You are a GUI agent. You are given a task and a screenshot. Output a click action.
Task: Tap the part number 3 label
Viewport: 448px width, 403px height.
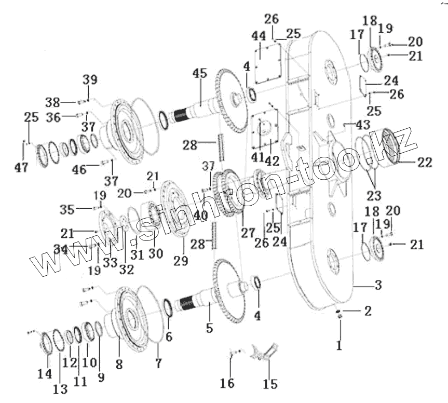(378, 285)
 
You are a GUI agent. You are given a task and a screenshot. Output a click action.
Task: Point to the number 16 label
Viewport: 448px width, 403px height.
(227, 384)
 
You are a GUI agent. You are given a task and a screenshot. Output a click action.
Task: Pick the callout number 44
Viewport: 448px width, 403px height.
(259, 36)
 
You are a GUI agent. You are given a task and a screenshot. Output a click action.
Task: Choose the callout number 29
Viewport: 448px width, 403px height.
(181, 261)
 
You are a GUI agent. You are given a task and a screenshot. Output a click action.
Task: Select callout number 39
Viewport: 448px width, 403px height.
(89, 79)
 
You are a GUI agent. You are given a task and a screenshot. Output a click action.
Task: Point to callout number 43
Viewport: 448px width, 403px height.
(362, 125)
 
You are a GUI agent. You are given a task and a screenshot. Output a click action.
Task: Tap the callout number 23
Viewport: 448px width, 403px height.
(373, 196)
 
